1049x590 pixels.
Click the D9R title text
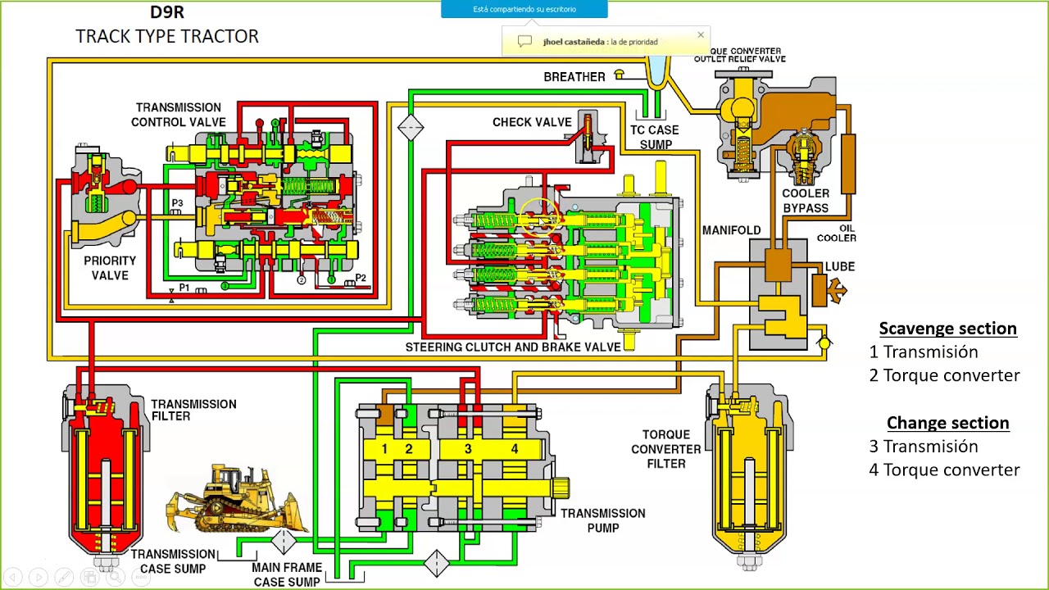tap(167, 12)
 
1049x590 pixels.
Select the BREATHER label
tap(574, 77)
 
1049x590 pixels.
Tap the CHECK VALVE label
tap(532, 122)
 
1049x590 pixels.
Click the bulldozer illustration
tap(237, 499)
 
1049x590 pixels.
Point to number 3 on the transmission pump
tap(468, 449)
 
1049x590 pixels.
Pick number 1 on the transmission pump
tap(384, 449)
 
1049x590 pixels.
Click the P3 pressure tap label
tap(177, 202)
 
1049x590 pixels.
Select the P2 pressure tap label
tap(361, 277)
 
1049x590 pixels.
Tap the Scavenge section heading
tap(948, 329)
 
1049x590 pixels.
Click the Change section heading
tap(948, 422)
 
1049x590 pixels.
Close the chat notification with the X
tap(701, 34)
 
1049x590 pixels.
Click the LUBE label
tap(840, 266)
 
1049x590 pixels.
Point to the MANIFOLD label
tap(732, 230)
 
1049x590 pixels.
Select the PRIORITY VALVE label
tap(110, 268)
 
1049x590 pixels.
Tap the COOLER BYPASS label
tap(806, 201)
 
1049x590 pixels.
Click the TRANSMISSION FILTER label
tap(193, 411)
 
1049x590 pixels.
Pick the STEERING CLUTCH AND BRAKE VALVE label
tap(513, 347)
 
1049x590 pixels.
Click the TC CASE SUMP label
tap(655, 137)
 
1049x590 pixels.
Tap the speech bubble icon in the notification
tap(524, 42)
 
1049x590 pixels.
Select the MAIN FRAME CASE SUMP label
tap(287, 574)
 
